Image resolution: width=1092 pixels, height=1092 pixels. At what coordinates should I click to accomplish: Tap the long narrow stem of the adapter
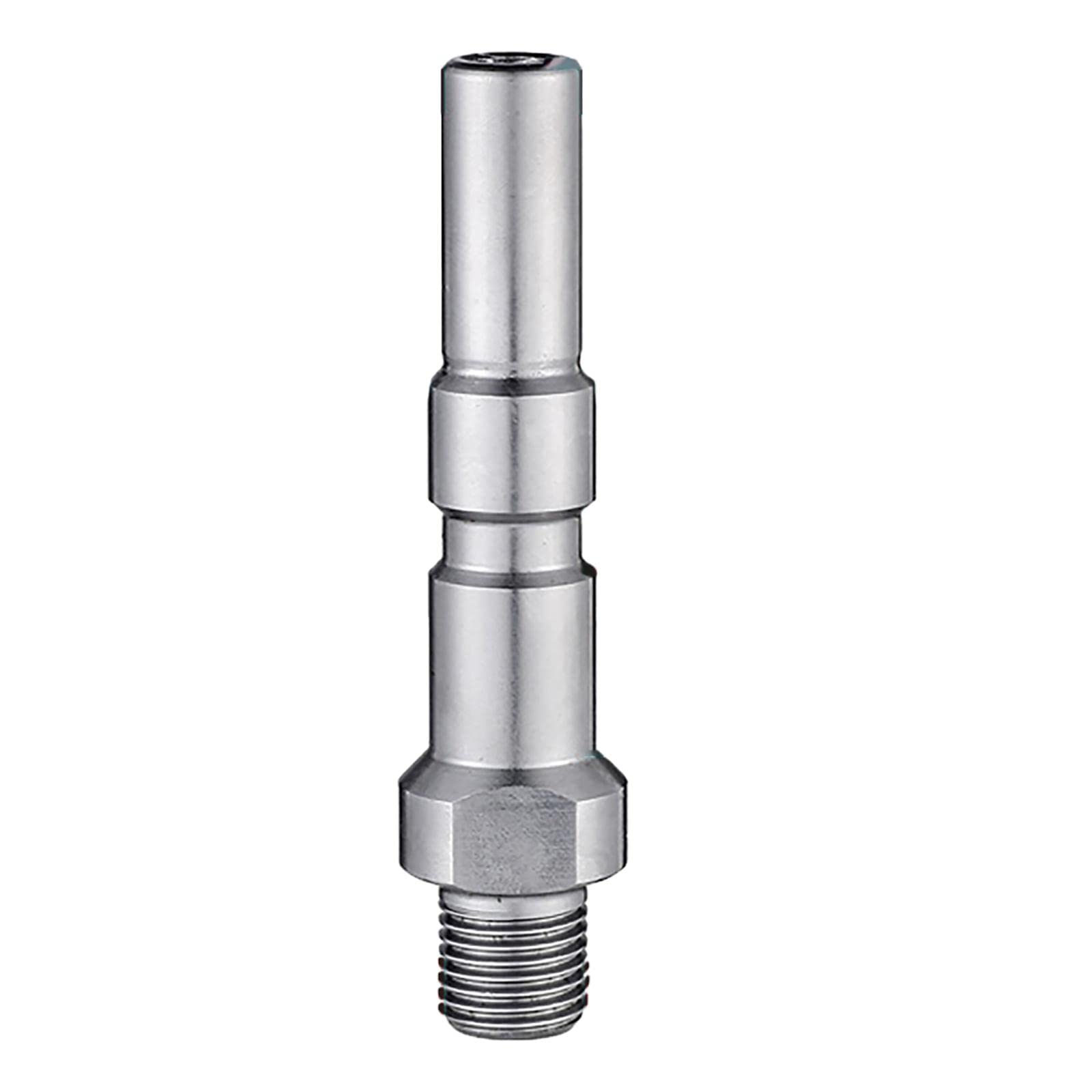[511, 218]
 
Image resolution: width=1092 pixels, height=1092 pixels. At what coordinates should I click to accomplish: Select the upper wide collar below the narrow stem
[511, 444]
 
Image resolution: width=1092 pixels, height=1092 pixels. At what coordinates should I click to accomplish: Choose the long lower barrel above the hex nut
[511, 662]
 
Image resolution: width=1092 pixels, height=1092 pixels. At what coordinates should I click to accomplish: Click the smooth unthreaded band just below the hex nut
[511, 900]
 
